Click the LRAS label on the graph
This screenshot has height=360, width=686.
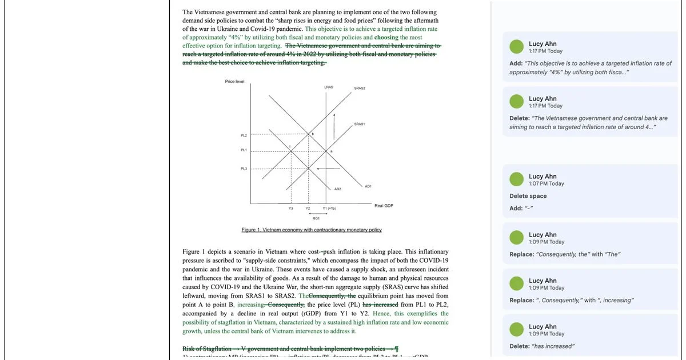(x=329, y=87)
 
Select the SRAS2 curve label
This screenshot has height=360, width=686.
(x=360, y=88)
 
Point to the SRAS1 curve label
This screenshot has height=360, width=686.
(x=360, y=124)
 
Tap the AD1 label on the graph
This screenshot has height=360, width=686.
(x=368, y=186)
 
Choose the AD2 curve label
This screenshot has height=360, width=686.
(x=338, y=189)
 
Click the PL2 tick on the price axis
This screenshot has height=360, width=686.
(x=244, y=135)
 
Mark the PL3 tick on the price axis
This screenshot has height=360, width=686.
(x=244, y=169)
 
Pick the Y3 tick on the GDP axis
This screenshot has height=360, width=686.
(x=290, y=209)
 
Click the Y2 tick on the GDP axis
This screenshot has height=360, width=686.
(x=308, y=209)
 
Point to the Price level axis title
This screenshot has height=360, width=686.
(x=234, y=82)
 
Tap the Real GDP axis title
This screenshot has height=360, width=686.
(x=384, y=205)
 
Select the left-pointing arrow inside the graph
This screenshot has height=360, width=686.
(x=328, y=169)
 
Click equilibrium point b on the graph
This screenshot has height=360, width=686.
(x=312, y=134)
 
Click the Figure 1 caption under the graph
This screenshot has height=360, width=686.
(x=312, y=230)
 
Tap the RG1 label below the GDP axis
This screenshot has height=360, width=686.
(x=316, y=218)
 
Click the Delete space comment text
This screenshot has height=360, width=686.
(x=528, y=196)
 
